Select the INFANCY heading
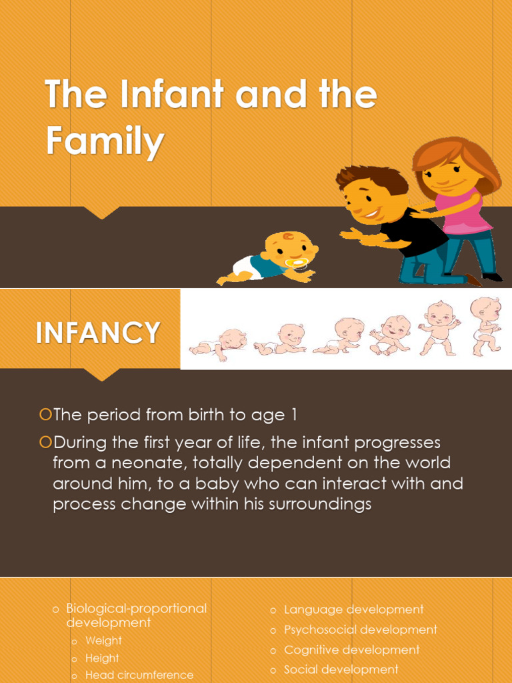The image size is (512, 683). (98, 333)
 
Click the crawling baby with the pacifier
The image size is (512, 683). (273, 259)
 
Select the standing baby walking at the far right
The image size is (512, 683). (485, 325)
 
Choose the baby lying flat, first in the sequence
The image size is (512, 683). (218, 342)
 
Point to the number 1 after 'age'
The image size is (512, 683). (293, 415)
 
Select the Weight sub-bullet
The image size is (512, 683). (103, 641)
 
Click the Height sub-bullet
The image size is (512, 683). (102, 658)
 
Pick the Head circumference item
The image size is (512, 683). (139, 675)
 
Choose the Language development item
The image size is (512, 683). (353, 610)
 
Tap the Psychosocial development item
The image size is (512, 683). (360, 630)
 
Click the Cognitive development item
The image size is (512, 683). (351, 650)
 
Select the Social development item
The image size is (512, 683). (341, 670)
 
